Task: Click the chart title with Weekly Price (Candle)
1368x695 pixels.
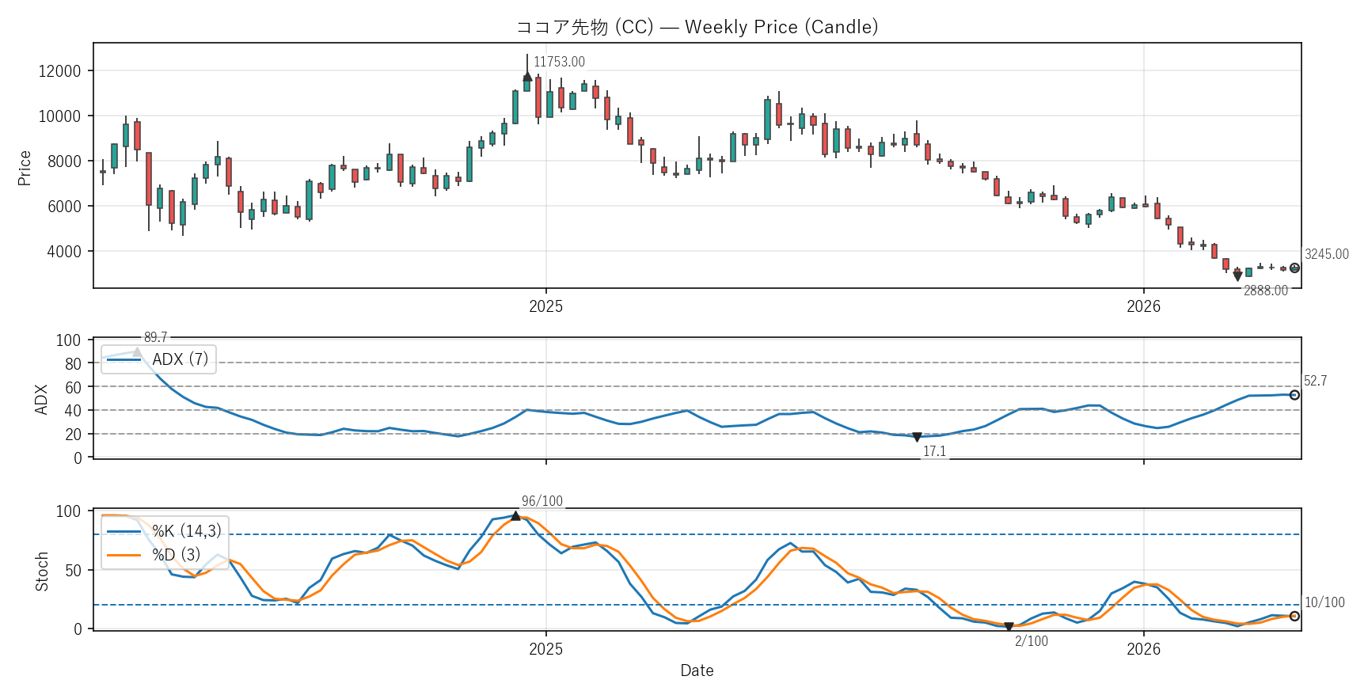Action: click(x=697, y=27)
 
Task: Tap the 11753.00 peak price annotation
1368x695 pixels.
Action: click(x=559, y=62)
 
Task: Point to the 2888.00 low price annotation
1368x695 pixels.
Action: click(x=1265, y=291)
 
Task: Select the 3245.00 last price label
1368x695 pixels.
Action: click(x=1326, y=254)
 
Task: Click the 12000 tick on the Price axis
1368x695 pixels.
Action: click(x=59, y=71)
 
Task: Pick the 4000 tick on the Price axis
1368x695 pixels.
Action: click(x=63, y=252)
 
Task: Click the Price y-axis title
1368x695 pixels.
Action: click(x=25, y=168)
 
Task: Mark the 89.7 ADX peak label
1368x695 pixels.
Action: click(x=155, y=338)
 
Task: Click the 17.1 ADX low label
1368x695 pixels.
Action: click(x=934, y=451)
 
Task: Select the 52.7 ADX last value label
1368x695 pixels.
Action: click(x=1315, y=381)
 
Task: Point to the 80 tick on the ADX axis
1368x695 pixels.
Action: click(x=73, y=364)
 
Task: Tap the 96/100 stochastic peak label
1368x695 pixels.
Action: click(x=542, y=501)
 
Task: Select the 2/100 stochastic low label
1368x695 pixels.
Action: click(x=1031, y=641)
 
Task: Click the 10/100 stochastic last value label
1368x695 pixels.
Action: click(x=1324, y=602)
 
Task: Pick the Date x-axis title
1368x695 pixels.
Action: click(x=697, y=670)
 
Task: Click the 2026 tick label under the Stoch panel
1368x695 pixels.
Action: click(x=1143, y=649)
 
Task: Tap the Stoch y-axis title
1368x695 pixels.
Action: click(x=42, y=572)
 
